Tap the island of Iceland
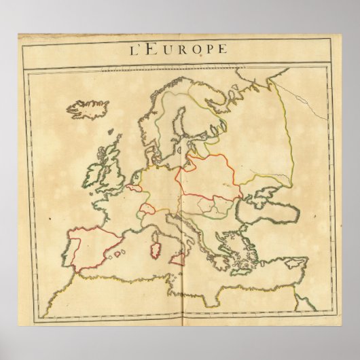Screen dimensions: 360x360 83,109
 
